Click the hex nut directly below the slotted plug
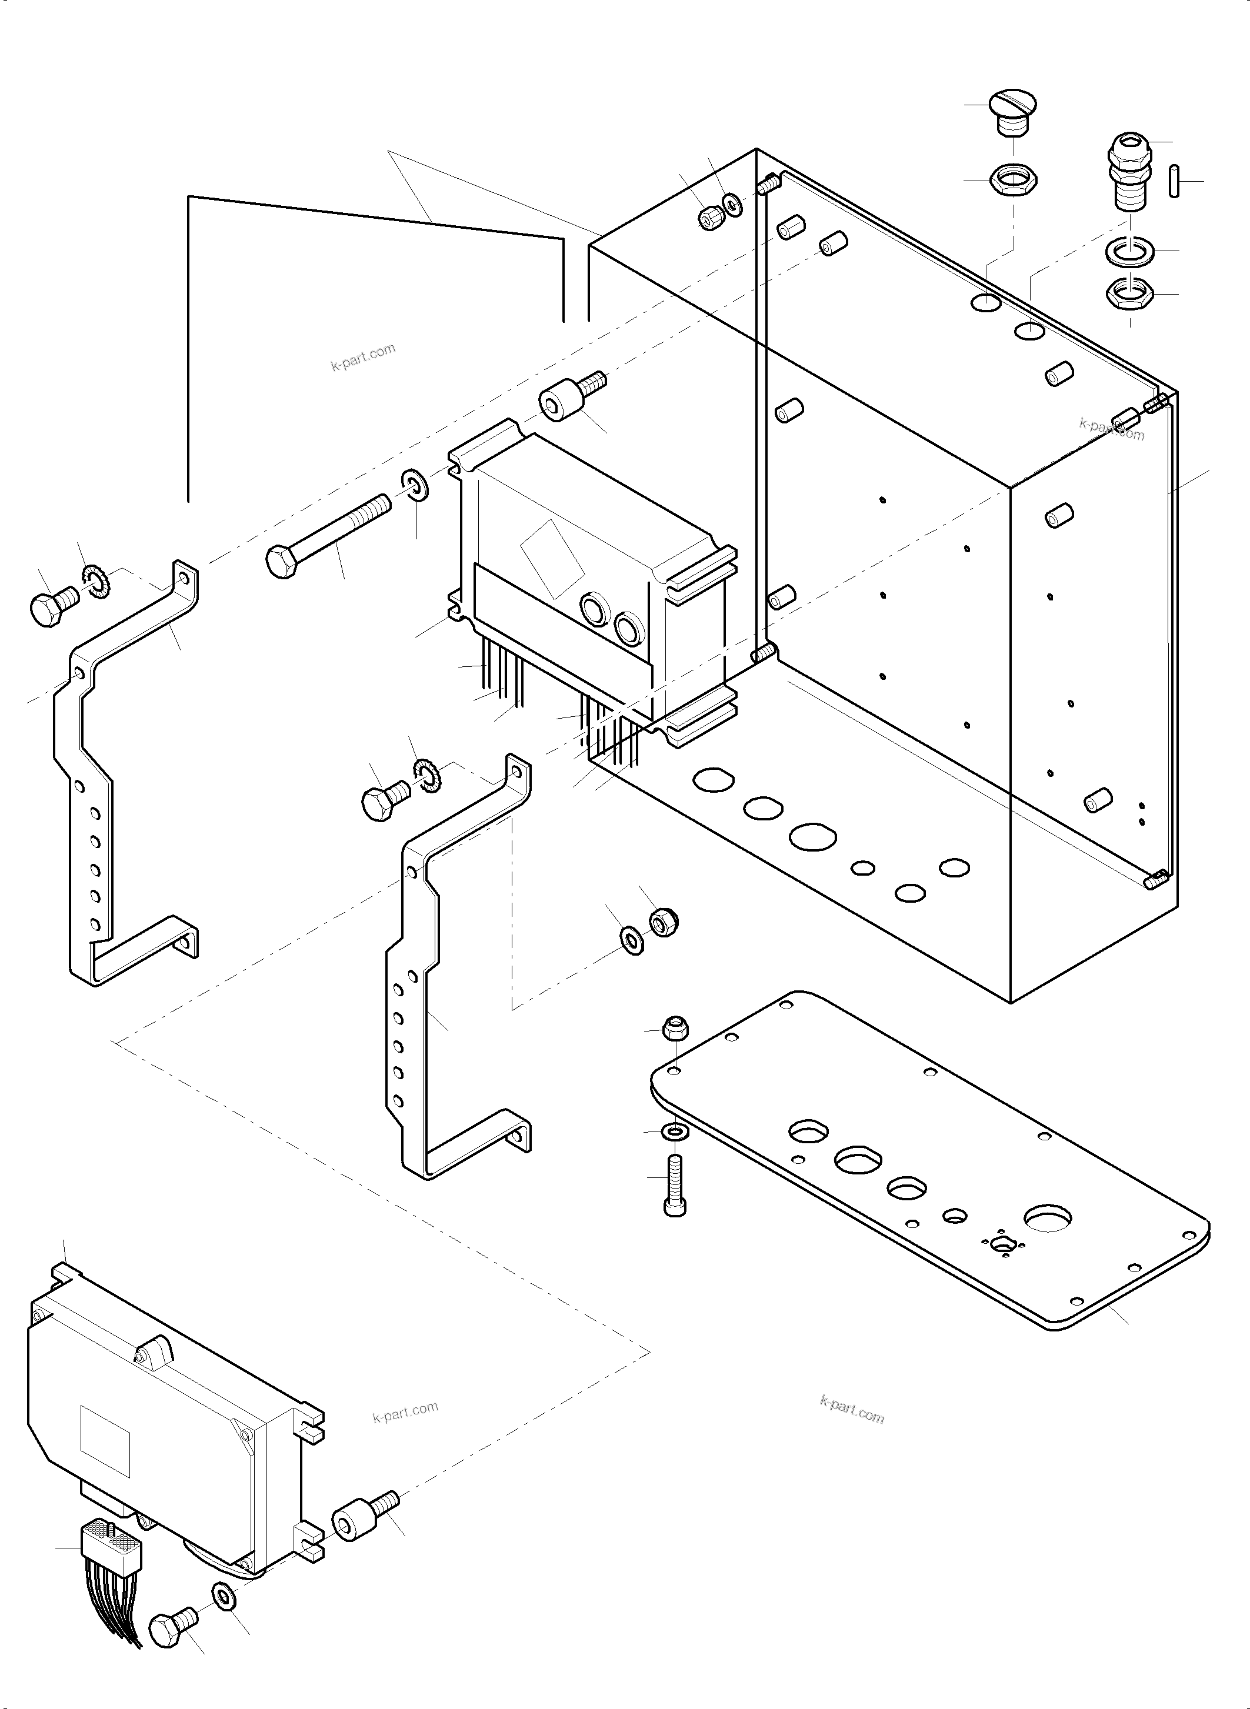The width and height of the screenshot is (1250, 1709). (x=1012, y=181)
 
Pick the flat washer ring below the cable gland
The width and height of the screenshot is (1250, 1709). (x=1129, y=251)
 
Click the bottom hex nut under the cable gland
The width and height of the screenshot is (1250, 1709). (x=1129, y=293)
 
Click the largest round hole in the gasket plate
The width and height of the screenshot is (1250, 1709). (x=1048, y=1220)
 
